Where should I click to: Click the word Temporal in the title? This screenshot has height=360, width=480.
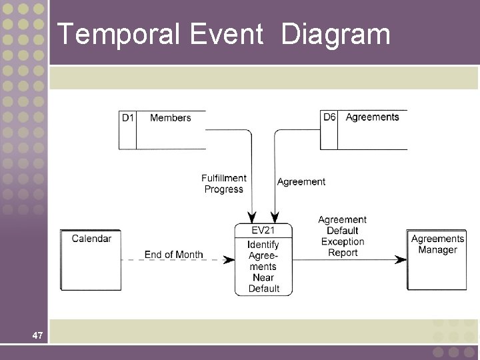click(x=117, y=35)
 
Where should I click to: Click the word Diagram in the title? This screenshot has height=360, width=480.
click(x=335, y=35)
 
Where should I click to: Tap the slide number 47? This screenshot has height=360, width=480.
click(x=37, y=336)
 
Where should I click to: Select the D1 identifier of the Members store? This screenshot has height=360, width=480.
click(x=127, y=118)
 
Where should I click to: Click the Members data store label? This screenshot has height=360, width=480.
click(x=170, y=118)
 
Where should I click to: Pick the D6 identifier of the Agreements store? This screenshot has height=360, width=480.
click(x=329, y=117)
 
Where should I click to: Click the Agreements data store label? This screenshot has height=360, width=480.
click(x=372, y=117)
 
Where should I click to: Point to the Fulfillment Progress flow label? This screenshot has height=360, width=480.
click(x=224, y=184)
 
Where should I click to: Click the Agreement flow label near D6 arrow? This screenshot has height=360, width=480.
click(x=301, y=181)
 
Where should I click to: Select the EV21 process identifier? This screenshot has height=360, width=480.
click(x=263, y=231)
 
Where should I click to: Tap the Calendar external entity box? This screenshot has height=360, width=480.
click(x=91, y=259)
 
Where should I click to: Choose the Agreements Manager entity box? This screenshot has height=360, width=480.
click(x=437, y=259)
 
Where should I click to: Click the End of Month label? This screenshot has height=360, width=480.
click(x=173, y=255)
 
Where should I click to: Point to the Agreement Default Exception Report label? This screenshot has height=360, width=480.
click(x=343, y=236)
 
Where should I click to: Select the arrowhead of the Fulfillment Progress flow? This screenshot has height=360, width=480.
click(x=252, y=218)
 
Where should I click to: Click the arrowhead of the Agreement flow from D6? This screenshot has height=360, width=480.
click(x=274, y=218)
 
